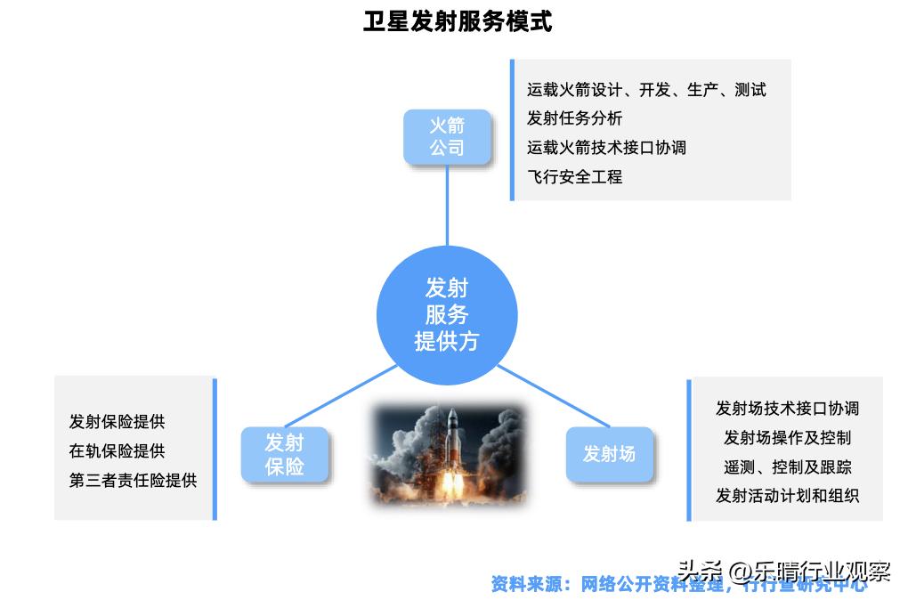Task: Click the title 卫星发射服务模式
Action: [458, 21]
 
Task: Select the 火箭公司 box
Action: [447, 136]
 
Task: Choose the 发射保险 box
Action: [285, 454]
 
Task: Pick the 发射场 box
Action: [609, 454]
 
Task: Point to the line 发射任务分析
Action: [574, 118]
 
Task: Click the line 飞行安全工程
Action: [574, 177]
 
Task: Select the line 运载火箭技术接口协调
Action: [606, 148]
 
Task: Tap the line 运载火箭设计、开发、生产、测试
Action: [646, 90]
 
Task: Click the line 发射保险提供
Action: [117, 422]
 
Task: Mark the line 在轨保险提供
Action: [117, 451]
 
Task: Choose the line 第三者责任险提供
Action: [133, 481]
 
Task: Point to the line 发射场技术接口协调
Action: [787, 409]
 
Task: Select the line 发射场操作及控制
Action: [787, 438]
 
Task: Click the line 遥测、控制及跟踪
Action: [787, 467]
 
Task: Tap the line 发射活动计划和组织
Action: [787, 497]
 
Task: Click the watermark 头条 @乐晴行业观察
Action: [783, 571]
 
